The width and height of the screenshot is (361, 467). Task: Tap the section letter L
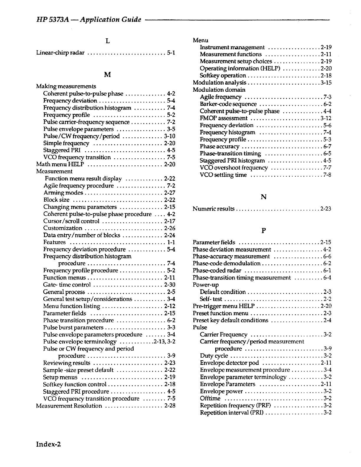(x=108, y=41)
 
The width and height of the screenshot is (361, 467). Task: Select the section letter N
(x=264, y=197)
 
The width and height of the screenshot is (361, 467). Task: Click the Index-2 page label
(x=49, y=444)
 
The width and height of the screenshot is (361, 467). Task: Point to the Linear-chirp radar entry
(x=60, y=53)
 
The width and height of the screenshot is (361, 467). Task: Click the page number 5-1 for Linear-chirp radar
(x=171, y=53)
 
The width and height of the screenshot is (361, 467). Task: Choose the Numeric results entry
(x=214, y=209)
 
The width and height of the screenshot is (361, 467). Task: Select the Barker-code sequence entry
(x=228, y=104)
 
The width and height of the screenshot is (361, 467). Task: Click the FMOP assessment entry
(x=224, y=118)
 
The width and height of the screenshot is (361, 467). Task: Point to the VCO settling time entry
(x=223, y=175)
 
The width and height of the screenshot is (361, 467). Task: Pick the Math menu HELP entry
(x=60, y=164)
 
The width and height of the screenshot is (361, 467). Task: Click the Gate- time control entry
(x=67, y=285)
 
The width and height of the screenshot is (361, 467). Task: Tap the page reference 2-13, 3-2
(x=164, y=342)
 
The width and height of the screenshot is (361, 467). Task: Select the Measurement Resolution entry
(x=69, y=406)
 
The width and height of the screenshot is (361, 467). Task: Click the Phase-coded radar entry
(x=217, y=271)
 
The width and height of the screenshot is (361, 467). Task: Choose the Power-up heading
(x=206, y=285)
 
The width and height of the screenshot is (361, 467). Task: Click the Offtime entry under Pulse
(x=210, y=399)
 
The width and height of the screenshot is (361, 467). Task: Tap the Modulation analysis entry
(x=219, y=83)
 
